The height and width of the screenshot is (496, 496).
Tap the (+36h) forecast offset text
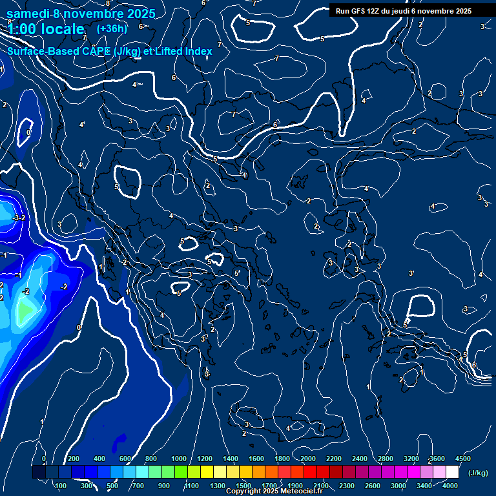click(112, 28)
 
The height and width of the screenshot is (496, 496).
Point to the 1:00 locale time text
click(46, 29)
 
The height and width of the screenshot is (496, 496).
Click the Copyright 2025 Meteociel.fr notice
click(274, 491)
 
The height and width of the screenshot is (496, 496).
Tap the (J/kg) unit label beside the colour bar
click(478, 473)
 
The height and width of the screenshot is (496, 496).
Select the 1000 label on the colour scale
click(178, 459)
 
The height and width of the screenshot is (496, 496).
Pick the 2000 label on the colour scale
click(308, 459)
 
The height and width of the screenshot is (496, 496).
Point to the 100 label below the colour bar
click(61, 486)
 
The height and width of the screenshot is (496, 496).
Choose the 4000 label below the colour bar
click(450, 486)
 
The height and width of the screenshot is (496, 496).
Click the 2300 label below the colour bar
click(347, 486)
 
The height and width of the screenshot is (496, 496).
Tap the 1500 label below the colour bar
click(243, 486)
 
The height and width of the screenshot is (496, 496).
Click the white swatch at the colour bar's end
click(452, 473)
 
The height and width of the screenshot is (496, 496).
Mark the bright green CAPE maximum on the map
click(24, 312)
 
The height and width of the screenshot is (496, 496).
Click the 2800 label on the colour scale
click(386, 459)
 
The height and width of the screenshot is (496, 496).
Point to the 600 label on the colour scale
click(126, 459)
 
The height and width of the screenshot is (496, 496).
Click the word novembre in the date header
click(97, 13)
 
